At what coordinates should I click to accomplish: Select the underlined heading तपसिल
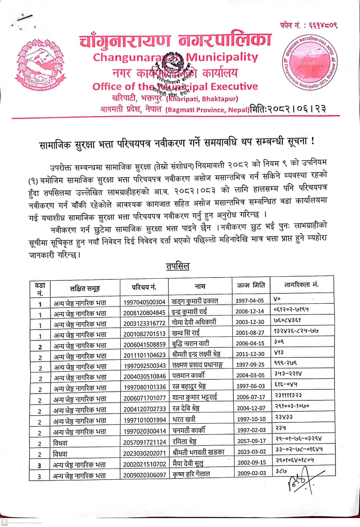point(178,266)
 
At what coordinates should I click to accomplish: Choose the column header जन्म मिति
point(251,285)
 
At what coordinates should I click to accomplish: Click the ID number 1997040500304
point(145,302)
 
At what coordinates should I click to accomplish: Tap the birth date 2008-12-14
point(250,311)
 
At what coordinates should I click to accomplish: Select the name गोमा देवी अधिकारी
point(194,322)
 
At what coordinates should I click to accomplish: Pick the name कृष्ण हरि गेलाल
point(191,474)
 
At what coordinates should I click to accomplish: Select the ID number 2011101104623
point(145,355)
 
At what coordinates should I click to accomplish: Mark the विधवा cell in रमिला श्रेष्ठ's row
point(60,443)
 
